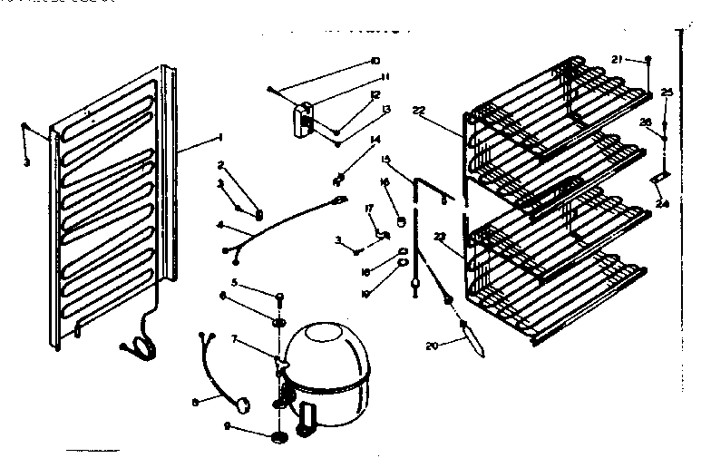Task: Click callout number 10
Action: pyautogui.click(x=375, y=62)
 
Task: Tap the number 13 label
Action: pyautogui.click(x=386, y=109)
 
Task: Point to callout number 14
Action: pyautogui.click(x=375, y=139)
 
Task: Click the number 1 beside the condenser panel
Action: pyautogui.click(x=219, y=137)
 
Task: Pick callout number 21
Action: pyautogui.click(x=617, y=60)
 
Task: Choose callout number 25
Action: pyautogui.click(x=667, y=92)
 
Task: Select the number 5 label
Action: pyautogui.click(x=233, y=282)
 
